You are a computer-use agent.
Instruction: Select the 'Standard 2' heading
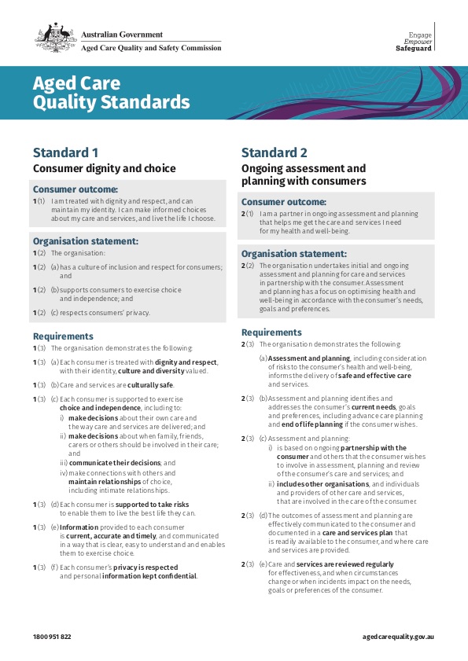[275, 152]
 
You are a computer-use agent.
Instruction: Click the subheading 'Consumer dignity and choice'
[104, 168]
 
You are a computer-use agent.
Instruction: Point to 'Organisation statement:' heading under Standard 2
[294, 254]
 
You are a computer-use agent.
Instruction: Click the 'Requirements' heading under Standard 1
[63, 336]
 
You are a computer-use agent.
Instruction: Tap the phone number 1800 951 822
[52, 635]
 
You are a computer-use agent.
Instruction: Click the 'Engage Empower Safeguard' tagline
[415, 42]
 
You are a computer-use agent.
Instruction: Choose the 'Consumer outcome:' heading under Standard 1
[75, 189]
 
